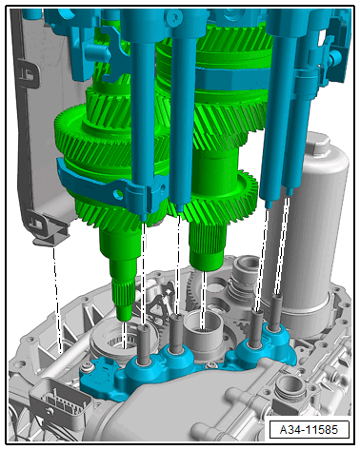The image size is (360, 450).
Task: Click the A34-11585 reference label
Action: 309,430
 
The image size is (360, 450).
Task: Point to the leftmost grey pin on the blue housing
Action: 145,344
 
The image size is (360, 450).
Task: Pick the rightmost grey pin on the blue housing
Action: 277,309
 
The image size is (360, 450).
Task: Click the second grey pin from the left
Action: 176,332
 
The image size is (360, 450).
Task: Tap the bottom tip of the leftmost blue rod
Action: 144,220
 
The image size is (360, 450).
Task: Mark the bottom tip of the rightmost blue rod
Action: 289,193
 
